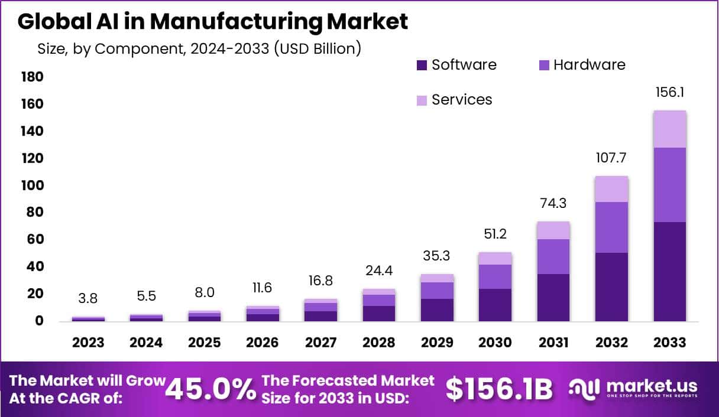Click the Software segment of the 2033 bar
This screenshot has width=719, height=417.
pos(669,272)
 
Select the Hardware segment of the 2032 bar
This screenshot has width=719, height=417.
pos(611,227)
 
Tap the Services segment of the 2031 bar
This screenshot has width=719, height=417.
pos(553,230)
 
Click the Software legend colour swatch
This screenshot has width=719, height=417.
pos(422,65)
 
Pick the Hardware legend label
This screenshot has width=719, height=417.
pos(589,64)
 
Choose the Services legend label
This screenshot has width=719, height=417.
pos(462,99)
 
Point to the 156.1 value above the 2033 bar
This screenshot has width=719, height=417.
pos(669,93)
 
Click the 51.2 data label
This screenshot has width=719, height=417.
pos(495,234)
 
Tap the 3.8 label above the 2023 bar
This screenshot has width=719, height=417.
pos(88,298)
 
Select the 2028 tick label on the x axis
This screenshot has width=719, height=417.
pos(378,343)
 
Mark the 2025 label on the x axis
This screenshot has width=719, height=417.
pos(204,343)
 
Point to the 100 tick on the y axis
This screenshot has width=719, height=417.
pos(32,185)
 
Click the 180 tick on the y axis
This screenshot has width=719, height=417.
pos(32,77)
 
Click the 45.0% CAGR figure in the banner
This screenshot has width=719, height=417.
pos(210,389)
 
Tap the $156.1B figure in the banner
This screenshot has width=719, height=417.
pos(499,389)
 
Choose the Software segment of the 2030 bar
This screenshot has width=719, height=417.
pos(495,305)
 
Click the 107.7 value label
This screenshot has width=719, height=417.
pos(611,158)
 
